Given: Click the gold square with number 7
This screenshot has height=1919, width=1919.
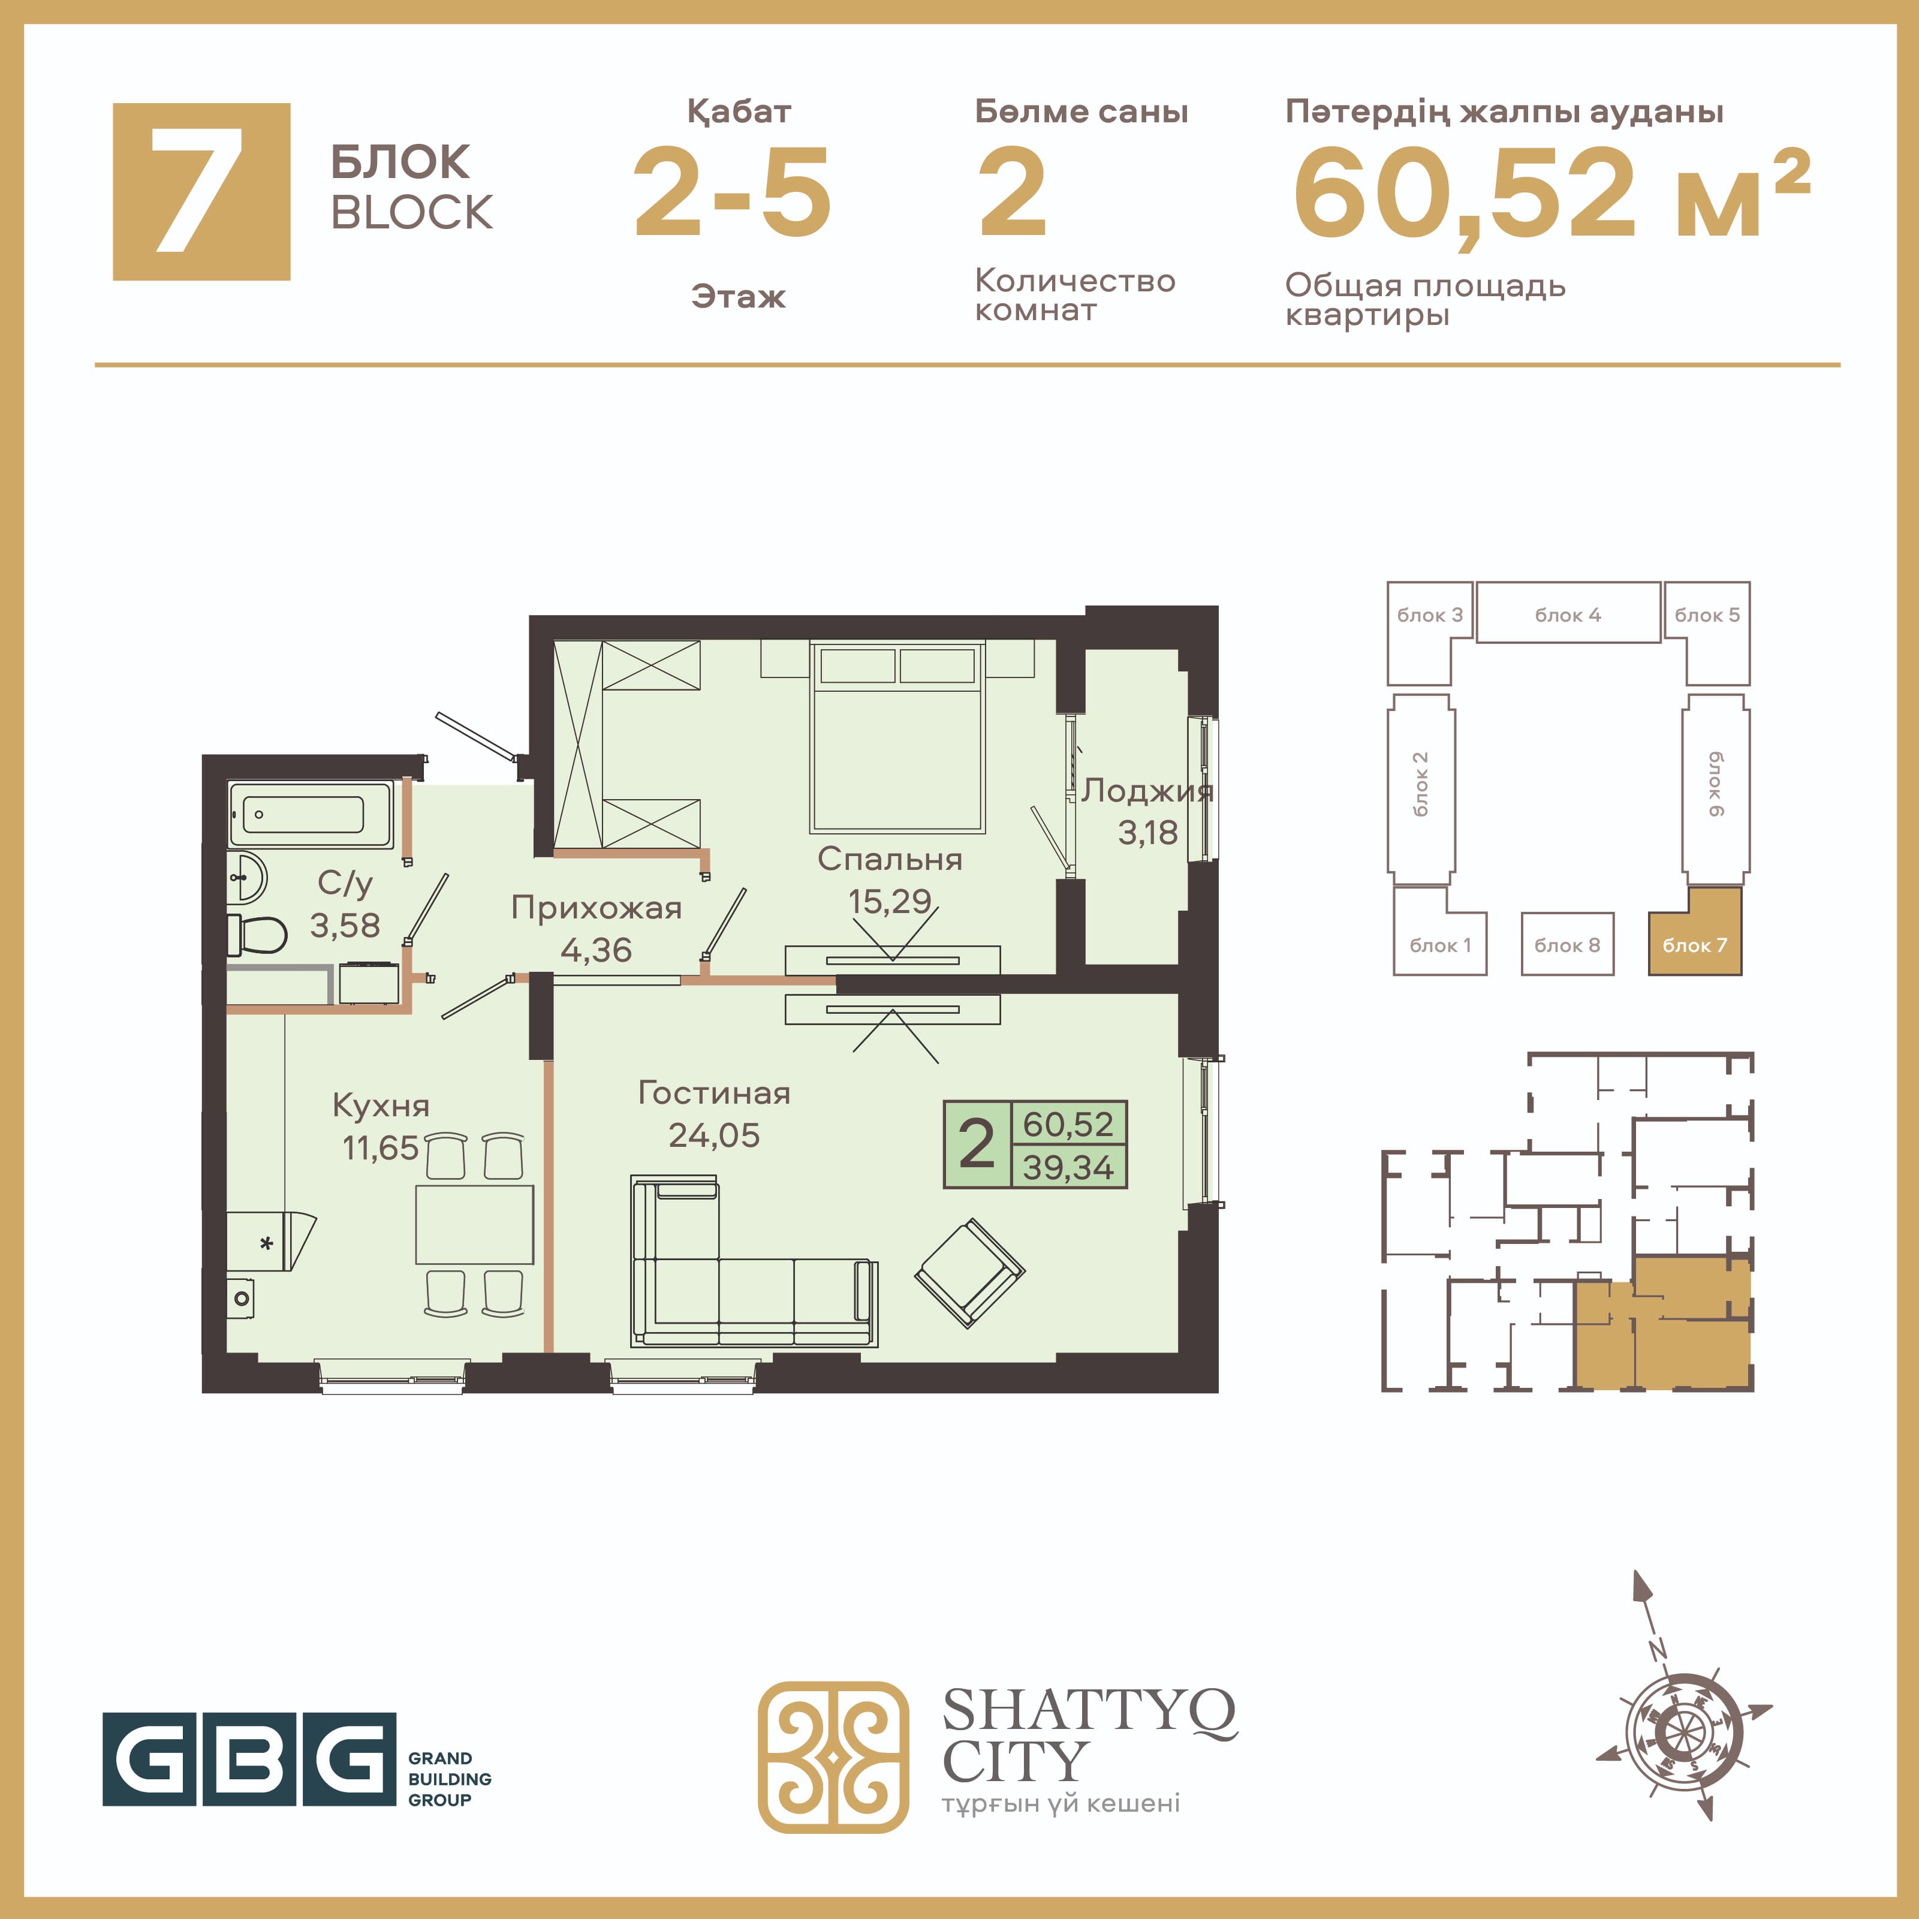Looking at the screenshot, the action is pyautogui.click(x=201, y=192).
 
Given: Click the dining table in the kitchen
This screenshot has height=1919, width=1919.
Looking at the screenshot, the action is pyautogui.click(x=474, y=1224).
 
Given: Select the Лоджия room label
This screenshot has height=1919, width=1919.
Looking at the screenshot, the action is pyautogui.click(x=1147, y=791).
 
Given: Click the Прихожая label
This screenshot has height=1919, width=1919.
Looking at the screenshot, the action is pyautogui.click(x=596, y=907).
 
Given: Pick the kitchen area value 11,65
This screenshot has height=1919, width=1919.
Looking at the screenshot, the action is pyautogui.click(x=381, y=1147).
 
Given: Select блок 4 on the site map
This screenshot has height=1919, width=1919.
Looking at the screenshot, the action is pyautogui.click(x=1568, y=613).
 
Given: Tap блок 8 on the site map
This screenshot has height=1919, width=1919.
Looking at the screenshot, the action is pyautogui.click(x=1567, y=945).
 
